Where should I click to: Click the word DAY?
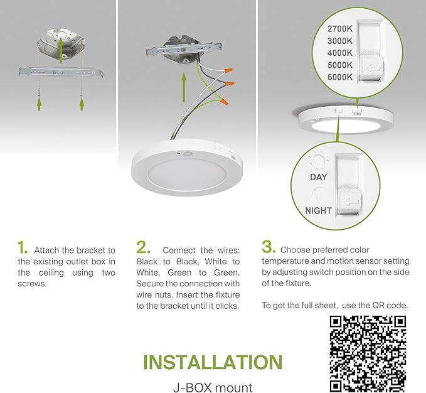coord(319,177)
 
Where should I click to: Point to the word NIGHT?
coord(319,210)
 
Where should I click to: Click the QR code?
coord(368,353)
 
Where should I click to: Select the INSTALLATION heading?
coord(213,362)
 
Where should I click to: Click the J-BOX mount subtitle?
coord(213,387)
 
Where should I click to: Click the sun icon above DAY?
coord(318,162)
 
